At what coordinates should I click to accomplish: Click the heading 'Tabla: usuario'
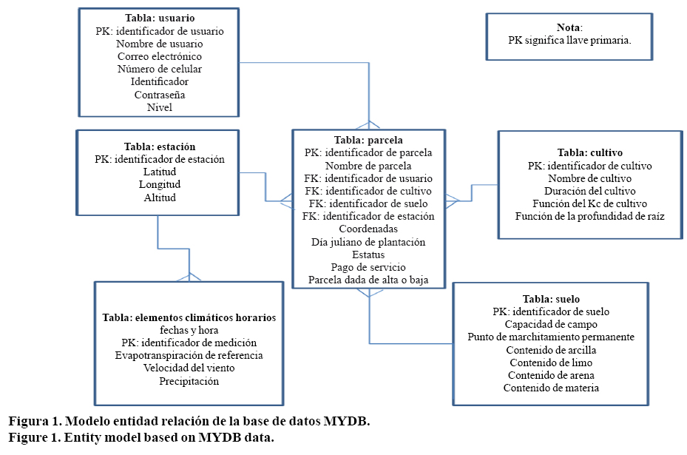[x=160, y=18]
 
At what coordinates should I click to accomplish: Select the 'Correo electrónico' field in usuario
[x=160, y=56]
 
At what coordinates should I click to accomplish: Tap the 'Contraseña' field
[x=160, y=95]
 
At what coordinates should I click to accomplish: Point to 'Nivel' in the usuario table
[x=160, y=107]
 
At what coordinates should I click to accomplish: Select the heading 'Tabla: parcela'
[x=368, y=139]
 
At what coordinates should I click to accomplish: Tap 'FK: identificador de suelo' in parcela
[x=368, y=203]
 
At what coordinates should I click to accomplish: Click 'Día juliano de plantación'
[x=368, y=242]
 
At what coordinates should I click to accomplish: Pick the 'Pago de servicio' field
[x=368, y=267]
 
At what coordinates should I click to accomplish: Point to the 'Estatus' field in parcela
[x=368, y=255]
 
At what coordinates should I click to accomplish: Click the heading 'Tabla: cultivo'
[x=590, y=152]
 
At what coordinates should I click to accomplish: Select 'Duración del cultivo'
[x=590, y=190]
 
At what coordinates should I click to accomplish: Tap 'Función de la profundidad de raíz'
[x=590, y=216]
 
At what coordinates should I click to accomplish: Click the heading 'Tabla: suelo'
[x=551, y=299]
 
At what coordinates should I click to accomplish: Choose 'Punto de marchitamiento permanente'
[x=551, y=337]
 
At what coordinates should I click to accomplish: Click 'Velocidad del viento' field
[x=189, y=368]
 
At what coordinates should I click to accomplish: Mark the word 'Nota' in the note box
[x=569, y=27]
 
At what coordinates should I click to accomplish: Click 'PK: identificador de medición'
[x=189, y=343]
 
